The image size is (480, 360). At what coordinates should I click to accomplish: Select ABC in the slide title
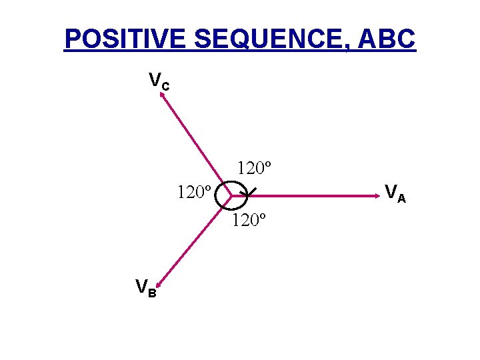click(387, 39)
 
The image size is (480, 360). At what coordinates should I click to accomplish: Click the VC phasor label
click(158, 82)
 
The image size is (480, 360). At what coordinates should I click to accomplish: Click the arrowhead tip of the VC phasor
click(160, 93)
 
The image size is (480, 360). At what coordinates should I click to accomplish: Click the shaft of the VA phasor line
click(307, 196)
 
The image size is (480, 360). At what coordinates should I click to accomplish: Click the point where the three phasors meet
click(231, 196)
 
